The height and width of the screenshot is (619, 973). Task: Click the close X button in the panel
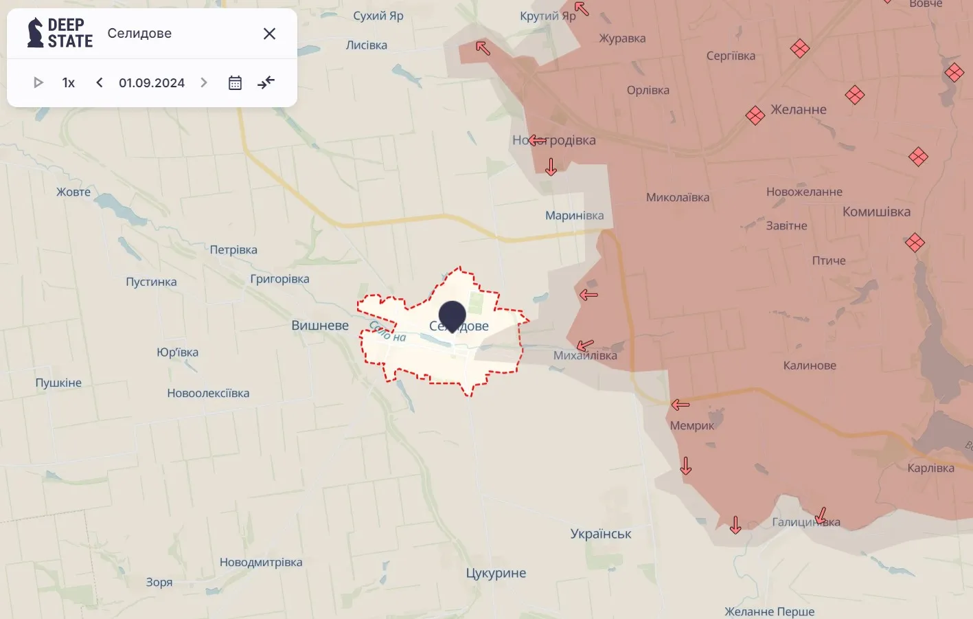[269, 34]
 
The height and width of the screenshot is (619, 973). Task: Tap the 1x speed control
[69, 82]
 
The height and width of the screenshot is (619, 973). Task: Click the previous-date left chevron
[100, 82]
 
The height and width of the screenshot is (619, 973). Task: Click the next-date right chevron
[204, 82]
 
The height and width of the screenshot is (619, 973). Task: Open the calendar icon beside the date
[235, 82]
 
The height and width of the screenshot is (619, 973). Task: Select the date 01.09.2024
[152, 82]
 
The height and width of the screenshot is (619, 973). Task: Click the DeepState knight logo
[35, 33]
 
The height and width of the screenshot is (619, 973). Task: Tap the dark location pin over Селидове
[452, 315]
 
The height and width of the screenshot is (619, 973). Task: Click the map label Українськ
[601, 534]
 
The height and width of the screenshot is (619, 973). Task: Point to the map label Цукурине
[496, 573]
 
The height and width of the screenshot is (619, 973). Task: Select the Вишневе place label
[320, 325]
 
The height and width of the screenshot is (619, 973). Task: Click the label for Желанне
[799, 109]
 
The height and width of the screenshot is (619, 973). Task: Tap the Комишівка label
[876, 212]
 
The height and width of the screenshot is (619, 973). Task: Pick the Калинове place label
[810, 365]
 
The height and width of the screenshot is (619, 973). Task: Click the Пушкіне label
[58, 383]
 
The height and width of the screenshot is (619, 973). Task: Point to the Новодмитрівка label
[261, 562]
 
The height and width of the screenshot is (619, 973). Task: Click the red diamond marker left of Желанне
[755, 115]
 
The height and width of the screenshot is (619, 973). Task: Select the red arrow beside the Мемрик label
[680, 405]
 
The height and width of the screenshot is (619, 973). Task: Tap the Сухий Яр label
[378, 16]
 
